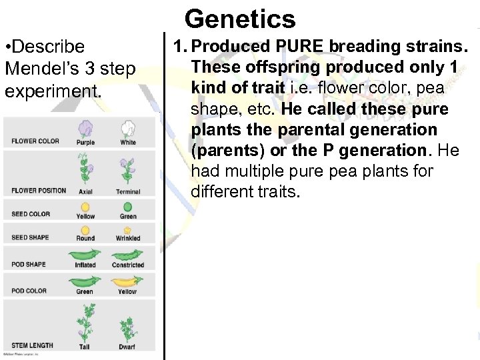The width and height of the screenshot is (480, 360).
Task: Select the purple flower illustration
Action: point(85,129)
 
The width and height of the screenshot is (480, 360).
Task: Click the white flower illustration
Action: point(128,129)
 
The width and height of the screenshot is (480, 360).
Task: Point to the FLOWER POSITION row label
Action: point(39,191)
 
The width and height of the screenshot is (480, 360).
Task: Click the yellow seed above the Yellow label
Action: point(85,207)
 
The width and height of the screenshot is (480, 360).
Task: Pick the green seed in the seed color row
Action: point(128,207)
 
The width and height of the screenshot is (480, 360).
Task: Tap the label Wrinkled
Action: point(128,238)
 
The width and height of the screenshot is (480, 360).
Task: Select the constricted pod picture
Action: point(128,255)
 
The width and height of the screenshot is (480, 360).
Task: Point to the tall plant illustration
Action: point(85,321)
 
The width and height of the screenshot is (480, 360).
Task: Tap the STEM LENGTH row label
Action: point(32,345)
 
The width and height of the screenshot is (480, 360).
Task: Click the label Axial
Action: point(85,191)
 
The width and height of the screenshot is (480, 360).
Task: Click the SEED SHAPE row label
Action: point(30,238)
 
